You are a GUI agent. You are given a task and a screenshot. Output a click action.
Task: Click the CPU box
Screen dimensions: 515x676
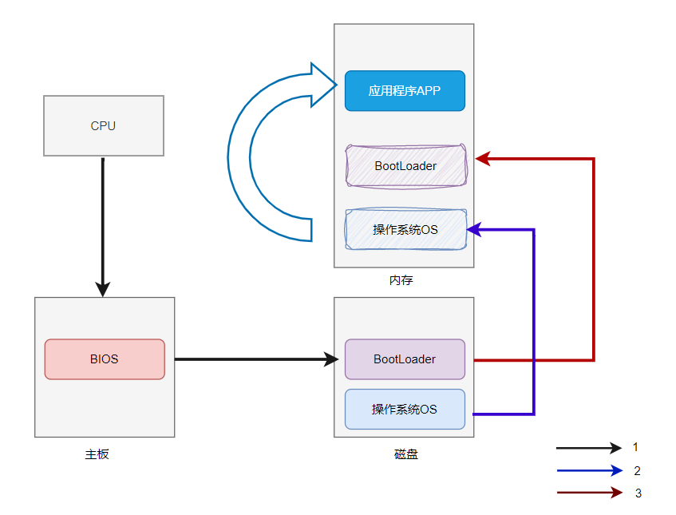(x=104, y=125)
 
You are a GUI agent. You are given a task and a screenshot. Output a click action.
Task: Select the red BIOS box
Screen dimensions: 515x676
(x=105, y=359)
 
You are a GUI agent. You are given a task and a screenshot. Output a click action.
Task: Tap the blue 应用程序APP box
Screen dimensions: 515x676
(x=405, y=91)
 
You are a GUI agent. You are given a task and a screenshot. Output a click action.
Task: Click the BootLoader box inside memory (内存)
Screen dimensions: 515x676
(x=405, y=166)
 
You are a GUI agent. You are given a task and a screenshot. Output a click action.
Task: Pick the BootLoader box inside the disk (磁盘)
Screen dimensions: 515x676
(x=405, y=359)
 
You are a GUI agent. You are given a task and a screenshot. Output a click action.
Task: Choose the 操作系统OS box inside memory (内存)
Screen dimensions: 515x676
(x=405, y=230)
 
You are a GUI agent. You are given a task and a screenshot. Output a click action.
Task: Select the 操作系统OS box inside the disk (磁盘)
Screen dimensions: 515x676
(x=405, y=409)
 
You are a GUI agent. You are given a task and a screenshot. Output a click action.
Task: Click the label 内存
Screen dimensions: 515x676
(x=401, y=280)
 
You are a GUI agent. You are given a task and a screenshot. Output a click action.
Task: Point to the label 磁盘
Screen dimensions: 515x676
(x=405, y=454)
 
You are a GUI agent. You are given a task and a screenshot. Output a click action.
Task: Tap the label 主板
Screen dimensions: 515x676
(x=97, y=454)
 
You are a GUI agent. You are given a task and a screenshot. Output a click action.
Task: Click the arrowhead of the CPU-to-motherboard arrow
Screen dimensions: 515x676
(x=103, y=288)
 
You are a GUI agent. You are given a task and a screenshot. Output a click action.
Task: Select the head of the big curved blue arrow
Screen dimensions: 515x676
(x=326, y=85)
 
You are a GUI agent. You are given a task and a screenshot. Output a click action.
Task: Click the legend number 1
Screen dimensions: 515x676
(x=635, y=447)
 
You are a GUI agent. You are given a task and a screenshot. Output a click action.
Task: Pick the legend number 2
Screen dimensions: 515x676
(x=637, y=470)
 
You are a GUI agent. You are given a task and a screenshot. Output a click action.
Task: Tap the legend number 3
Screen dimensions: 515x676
(x=638, y=493)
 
